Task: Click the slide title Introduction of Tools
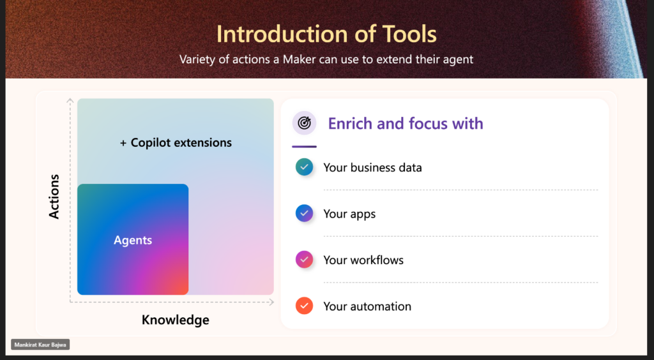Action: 326,34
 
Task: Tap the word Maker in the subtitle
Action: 299,59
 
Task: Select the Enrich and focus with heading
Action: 406,123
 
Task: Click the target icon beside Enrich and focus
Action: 305,123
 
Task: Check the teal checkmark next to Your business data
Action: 305,167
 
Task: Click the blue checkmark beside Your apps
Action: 305,213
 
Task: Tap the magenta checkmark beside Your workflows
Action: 305,260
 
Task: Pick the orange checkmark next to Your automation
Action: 305,306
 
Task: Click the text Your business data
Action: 372,167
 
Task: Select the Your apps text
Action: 349,214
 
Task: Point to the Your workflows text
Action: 363,260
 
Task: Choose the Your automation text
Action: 367,306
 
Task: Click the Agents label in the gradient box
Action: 133,241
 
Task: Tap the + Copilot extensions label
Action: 176,143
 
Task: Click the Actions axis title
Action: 54,197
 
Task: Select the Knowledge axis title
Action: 176,320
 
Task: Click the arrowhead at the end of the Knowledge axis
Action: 272,302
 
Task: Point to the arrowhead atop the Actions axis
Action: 70,100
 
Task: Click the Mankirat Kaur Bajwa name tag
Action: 40,345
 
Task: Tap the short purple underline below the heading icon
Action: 305,147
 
